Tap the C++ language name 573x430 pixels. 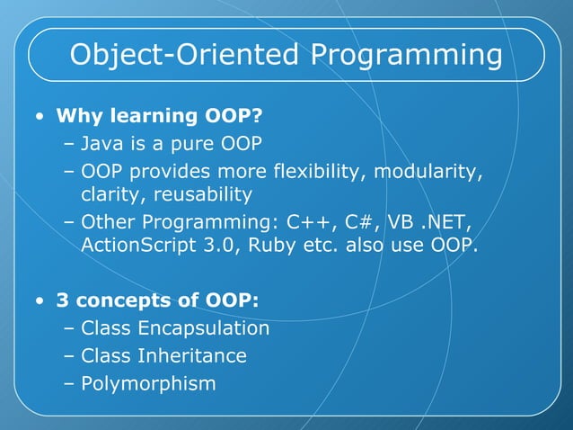click(306, 221)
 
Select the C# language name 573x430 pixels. click(358, 221)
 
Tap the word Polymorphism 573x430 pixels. click(148, 384)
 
